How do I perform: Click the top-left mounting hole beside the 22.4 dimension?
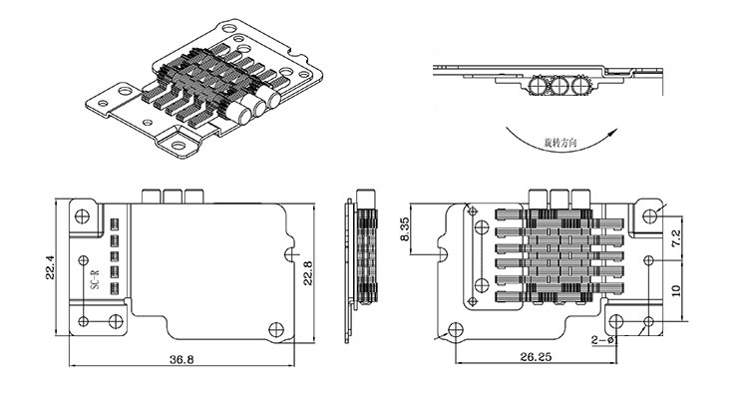click(x=80, y=211)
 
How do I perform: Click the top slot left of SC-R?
click(x=115, y=222)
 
